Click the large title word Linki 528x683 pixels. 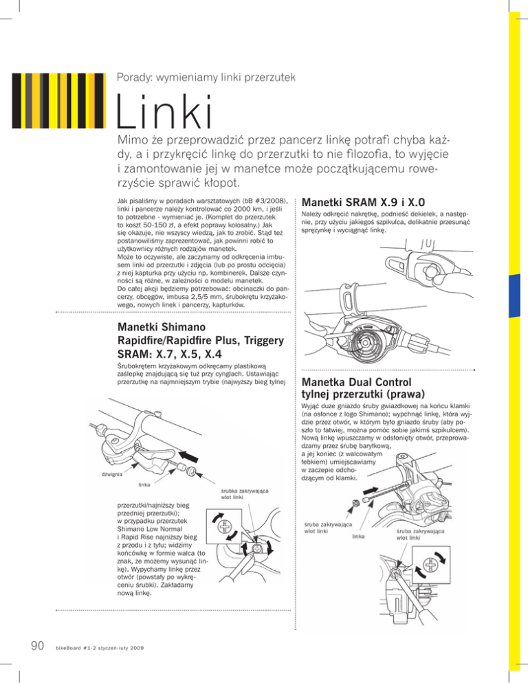click(166, 117)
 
